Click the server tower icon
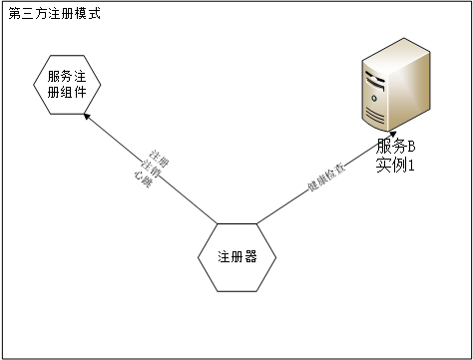point(395,90)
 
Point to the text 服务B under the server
point(395,148)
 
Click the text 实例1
point(395,166)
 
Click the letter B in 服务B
point(409,148)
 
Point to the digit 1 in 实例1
point(409,166)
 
